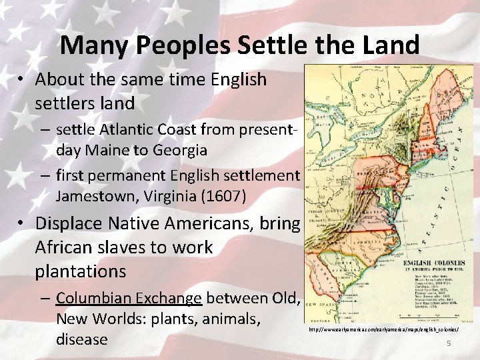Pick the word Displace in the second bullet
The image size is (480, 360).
pos(69,223)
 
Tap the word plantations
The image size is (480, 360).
pos(81,271)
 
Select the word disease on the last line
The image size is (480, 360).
pos(81,339)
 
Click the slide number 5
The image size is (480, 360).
pos(449,343)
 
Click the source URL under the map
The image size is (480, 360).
pos(383,330)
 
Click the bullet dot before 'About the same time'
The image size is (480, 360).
pos(22,80)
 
